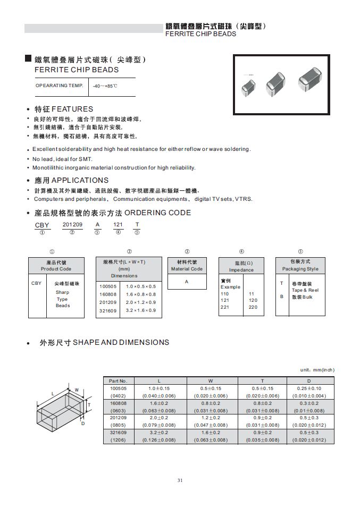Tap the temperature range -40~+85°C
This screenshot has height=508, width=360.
(x=105, y=86)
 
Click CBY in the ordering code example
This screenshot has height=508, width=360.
(x=42, y=225)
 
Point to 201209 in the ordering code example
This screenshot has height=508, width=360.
(x=72, y=225)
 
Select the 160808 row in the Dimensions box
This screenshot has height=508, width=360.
(x=127, y=294)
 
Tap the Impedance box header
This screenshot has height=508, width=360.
(x=241, y=266)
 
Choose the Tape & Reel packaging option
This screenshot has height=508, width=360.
(x=305, y=290)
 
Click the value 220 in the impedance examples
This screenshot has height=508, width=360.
(x=253, y=307)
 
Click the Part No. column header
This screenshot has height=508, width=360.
(x=118, y=380)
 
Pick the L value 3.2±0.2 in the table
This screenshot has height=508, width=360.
(x=158, y=433)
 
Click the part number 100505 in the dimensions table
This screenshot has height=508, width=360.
(x=118, y=388)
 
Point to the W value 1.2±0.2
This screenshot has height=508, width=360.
(x=210, y=418)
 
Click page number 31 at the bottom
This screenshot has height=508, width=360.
(x=180, y=480)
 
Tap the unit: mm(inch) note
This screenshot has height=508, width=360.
(x=317, y=369)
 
